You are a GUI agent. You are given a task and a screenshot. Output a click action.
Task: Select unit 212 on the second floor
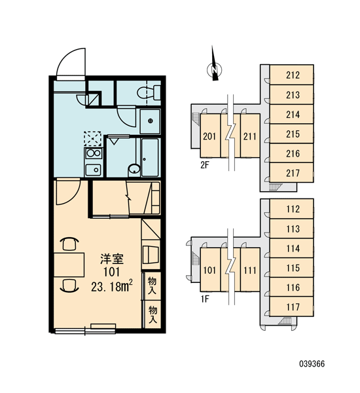click(291, 75)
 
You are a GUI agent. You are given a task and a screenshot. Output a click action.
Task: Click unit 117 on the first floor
click(291, 307)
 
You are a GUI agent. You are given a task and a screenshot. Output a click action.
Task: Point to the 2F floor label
click(204, 166)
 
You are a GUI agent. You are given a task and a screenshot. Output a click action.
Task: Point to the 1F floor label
click(204, 299)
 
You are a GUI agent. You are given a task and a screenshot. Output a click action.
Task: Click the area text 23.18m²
click(112, 286)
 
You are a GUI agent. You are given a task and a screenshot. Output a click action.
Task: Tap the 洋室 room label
click(112, 259)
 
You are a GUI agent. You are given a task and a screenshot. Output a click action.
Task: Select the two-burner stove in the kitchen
click(94, 153)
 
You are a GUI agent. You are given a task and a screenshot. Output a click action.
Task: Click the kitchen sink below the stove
click(94, 170)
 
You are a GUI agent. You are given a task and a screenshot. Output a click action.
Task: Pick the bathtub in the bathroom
click(150, 157)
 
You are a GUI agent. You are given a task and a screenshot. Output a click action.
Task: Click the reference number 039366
click(312, 364)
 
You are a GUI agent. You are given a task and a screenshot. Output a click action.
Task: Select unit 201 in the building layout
click(209, 136)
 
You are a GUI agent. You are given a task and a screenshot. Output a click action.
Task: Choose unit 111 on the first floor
click(250, 270)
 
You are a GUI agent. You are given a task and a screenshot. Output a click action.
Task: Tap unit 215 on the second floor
click(291, 134)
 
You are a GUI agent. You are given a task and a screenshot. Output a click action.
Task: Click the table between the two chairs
click(69, 265)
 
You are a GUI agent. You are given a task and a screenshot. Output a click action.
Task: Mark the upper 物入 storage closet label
click(152, 285)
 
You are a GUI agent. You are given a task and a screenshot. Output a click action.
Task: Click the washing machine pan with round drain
click(150, 122)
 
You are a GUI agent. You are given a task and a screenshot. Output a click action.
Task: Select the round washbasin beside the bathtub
click(134, 170)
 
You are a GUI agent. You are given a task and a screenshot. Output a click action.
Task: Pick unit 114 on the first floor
click(291, 248)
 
